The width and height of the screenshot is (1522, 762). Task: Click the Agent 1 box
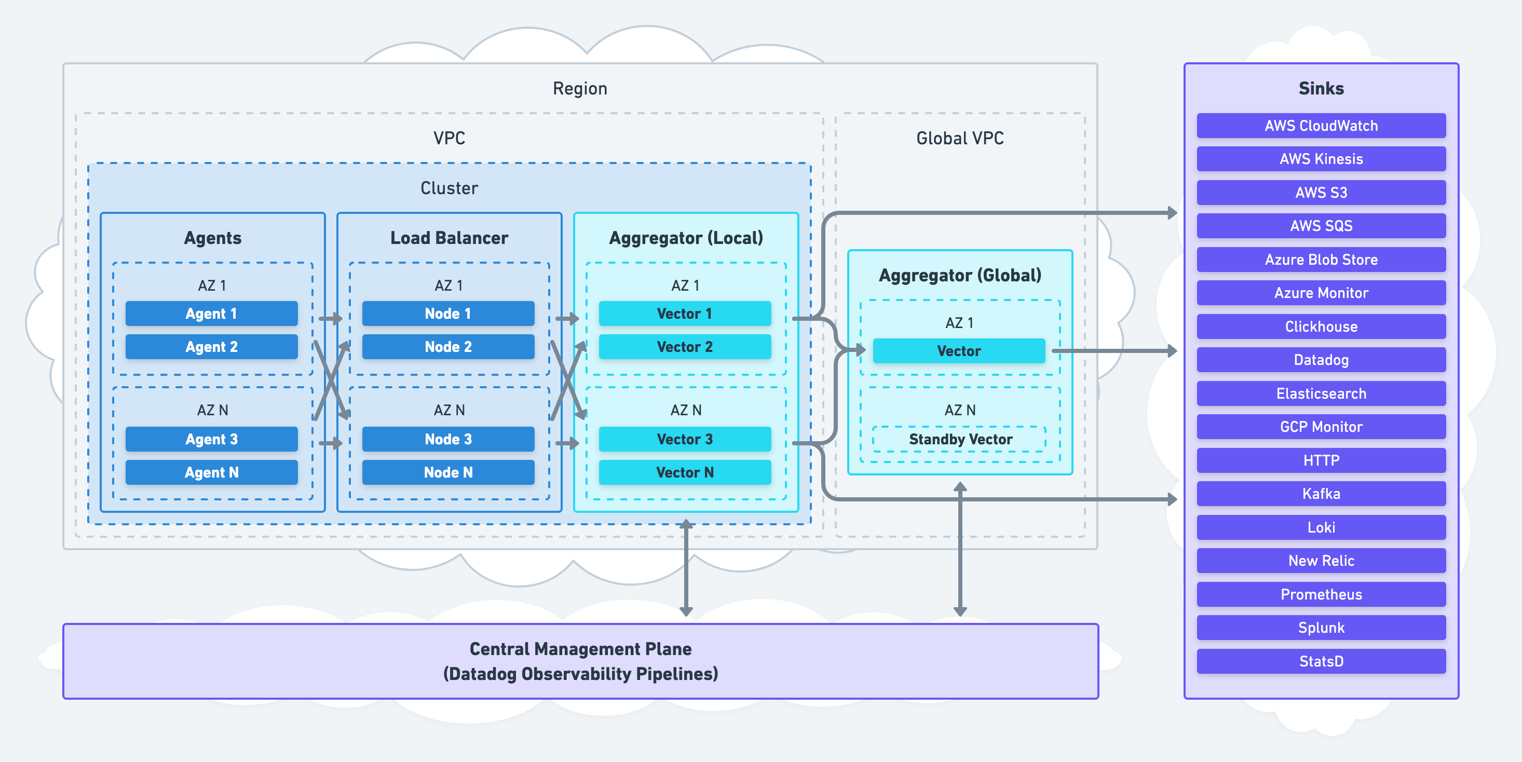[211, 314]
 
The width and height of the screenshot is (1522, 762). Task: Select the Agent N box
[211, 472]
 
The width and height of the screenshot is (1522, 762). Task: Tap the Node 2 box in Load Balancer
[448, 347]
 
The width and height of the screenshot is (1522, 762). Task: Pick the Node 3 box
[448, 440]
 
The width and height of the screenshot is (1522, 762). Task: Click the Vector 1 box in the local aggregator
[684, 314]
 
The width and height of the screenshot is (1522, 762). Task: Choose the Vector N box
[684, 472]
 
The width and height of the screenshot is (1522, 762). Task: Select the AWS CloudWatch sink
[1321, 126]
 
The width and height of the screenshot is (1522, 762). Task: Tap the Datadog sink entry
[1321, 360]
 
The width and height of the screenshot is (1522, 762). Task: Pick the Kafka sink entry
[1321, 494]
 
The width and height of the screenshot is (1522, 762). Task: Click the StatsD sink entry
[1321, 661]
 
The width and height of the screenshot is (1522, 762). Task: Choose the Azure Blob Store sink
[1321, 260]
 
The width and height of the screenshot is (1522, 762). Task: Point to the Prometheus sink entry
[1321, 594]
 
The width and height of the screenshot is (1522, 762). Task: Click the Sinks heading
[1321, 89]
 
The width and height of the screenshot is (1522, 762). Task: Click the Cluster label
[449, 188]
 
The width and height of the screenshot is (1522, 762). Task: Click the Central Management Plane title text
[580, 649]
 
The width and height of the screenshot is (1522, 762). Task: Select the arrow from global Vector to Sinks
[1114, 351]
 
